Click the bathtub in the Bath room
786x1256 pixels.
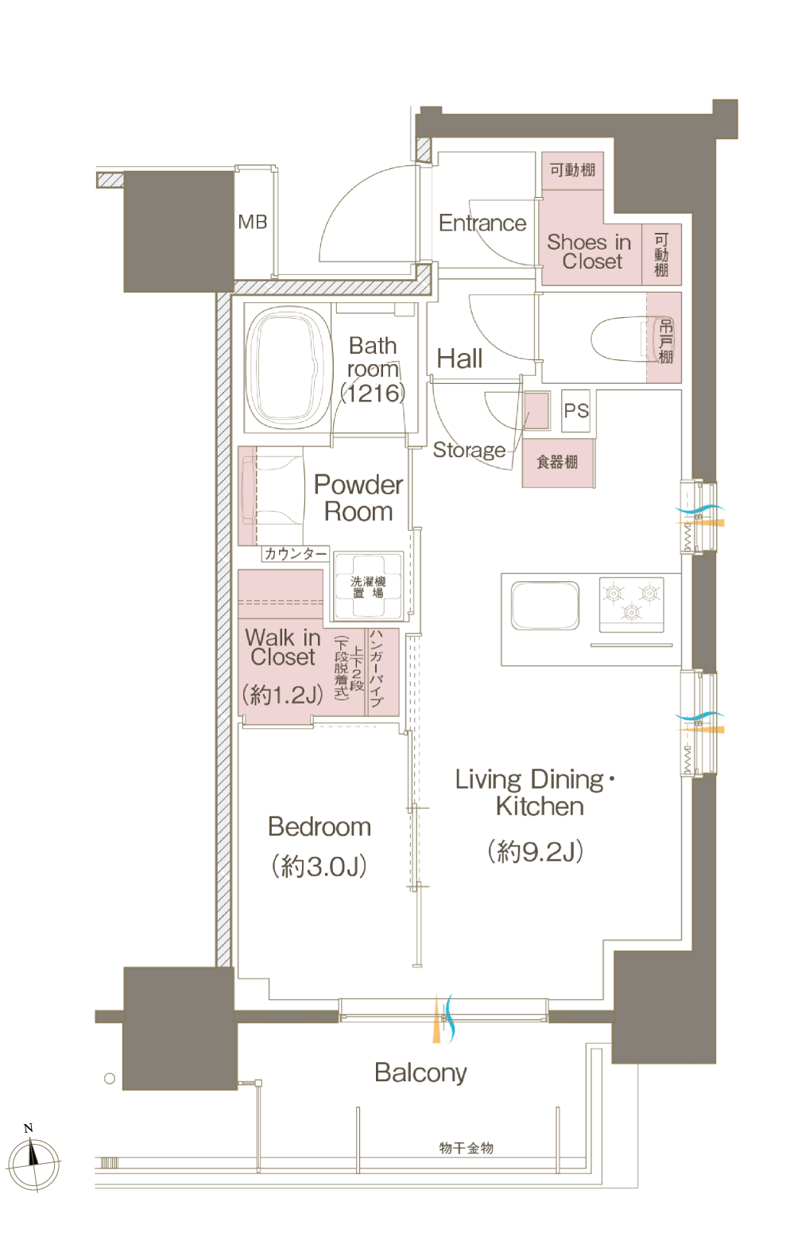click(x=287, y=368)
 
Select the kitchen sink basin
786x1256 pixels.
click(x=545, y=606)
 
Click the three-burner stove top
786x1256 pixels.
click(x=631, y=604)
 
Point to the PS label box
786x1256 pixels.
click(x=575, y=411)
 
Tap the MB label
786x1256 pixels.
click(x=252, y=222)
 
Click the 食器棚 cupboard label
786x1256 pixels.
click(x=557, y=462)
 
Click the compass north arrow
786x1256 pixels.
click(x=33, y=1158)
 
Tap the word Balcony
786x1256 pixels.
click(x=420, y=1073)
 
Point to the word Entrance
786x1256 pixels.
click(x=482, y=223)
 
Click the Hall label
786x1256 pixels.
click(x=459, y=359)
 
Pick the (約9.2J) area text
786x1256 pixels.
click(x=536, y=851)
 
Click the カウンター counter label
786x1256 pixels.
click(x=296, y=554)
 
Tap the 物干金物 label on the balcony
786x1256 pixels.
click(x=466, y=1149)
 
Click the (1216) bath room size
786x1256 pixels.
click(x=373, y=393)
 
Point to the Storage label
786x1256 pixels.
click(x=469, y=450)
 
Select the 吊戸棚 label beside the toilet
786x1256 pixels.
click(x=666, y=342)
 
